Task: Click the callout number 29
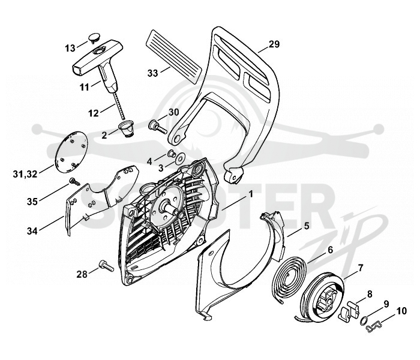pos(274,44)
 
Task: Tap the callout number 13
pos(70,49)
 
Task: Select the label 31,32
pos(25,175)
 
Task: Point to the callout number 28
pos(82,274)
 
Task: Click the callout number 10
pos(401,311)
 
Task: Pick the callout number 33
pos(152,73)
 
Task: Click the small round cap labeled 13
pos(94,37)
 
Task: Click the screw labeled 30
pos(157,127)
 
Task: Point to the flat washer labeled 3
pos(179,158)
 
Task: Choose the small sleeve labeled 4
pos(171,154)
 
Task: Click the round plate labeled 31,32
pos(71,152)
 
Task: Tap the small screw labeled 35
pos(75,182)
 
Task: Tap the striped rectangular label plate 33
pos(173,56)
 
